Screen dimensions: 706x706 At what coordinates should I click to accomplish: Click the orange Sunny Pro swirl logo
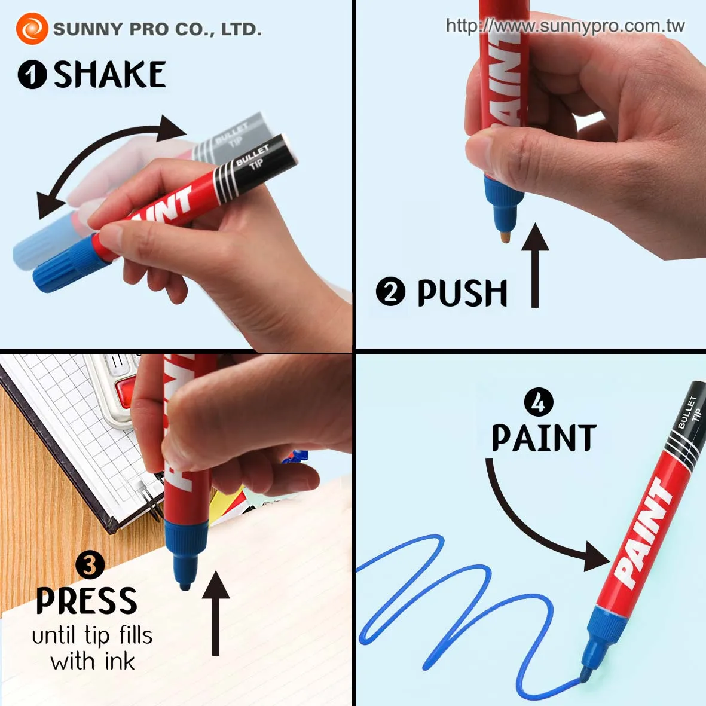click(32, 29)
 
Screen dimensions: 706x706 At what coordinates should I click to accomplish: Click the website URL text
click(565, 26)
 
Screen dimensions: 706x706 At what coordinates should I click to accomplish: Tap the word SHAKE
click(110, 75)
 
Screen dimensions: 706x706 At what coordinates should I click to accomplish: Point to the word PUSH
click(462, 293)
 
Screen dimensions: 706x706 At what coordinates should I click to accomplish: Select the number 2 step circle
click(390, 292)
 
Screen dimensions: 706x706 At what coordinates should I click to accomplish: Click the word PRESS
click(87, 601)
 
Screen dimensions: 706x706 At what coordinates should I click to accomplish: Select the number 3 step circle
click(90, 564)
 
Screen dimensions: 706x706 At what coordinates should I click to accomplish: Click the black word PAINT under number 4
click(543, 438)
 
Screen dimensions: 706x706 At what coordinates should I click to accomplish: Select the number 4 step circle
click(538, 402)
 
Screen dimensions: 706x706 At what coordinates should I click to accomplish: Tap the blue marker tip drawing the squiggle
click(585, 674)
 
